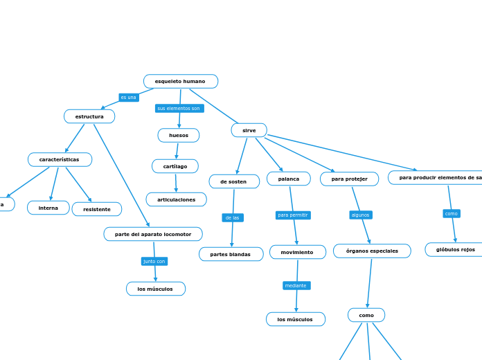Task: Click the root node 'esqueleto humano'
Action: pyautogui.click(x=180, y=82)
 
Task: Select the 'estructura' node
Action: pyautogui.click(x=89, y=116)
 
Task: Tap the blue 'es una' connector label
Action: pyautogui.click(x=129, y=98)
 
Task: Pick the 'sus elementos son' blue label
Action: pyautogui.click(x=179, y=108)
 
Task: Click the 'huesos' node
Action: pyautogui.click(x=179, y=135)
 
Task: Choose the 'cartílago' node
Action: pyautogui.click(x=175, y=166)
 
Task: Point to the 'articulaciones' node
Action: pyautogui.click(x=176, y=199)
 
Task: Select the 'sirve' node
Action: pyautogui.click(x=249, y=130)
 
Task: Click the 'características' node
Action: pyautogui.click(x=60, y=160)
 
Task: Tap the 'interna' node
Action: pyautogui.click(x=48, y=208)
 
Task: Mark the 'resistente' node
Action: pyautogui.click(x=97, y=209)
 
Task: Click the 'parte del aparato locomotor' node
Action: pyautogui.click(x=153, y=234)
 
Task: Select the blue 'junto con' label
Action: pyautogui.click(x=154, y=261)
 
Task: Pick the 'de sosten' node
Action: pyautogui.click(x=234, y=181)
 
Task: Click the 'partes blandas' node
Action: pyautogui.click(x=231, y=254)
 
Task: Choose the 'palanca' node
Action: pyautogui.click(x=289, y=179)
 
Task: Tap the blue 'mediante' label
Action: pyautogui.click(x=296, y=285)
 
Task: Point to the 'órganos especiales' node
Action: pyautogui.click(x=372, y=251)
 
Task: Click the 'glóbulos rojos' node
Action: pyautogui.click(x=455, y=249)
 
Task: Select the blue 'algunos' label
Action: pyautogui.click(x=361, y=215)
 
